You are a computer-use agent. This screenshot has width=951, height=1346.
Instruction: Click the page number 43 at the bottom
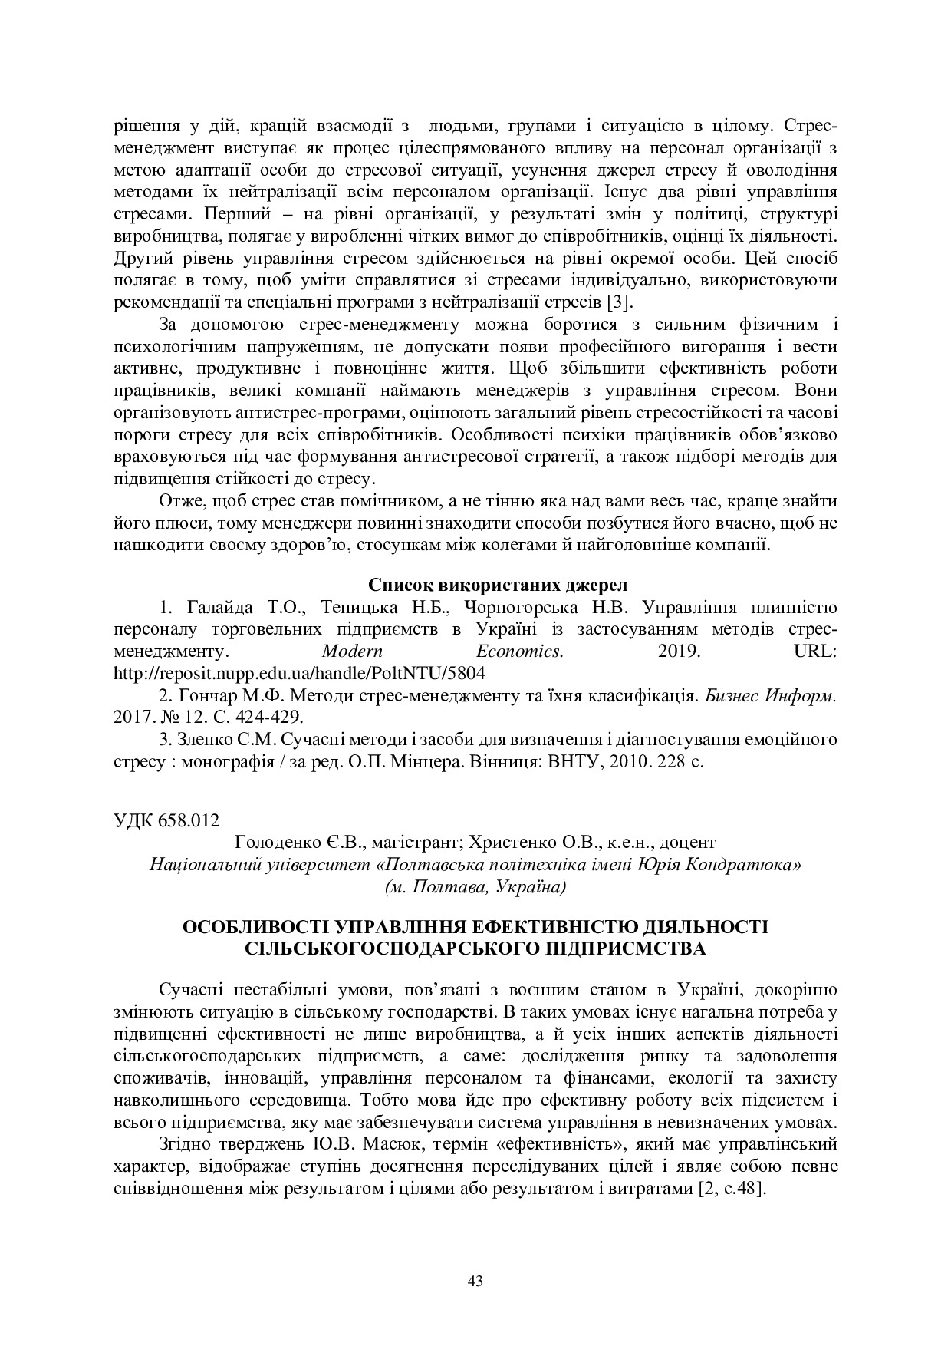[x=475, y=1280]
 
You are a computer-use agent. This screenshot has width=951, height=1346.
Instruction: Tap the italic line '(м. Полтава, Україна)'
[x=475, y=887]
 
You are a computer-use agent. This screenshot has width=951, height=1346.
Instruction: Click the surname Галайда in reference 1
[x=215, y=608]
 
